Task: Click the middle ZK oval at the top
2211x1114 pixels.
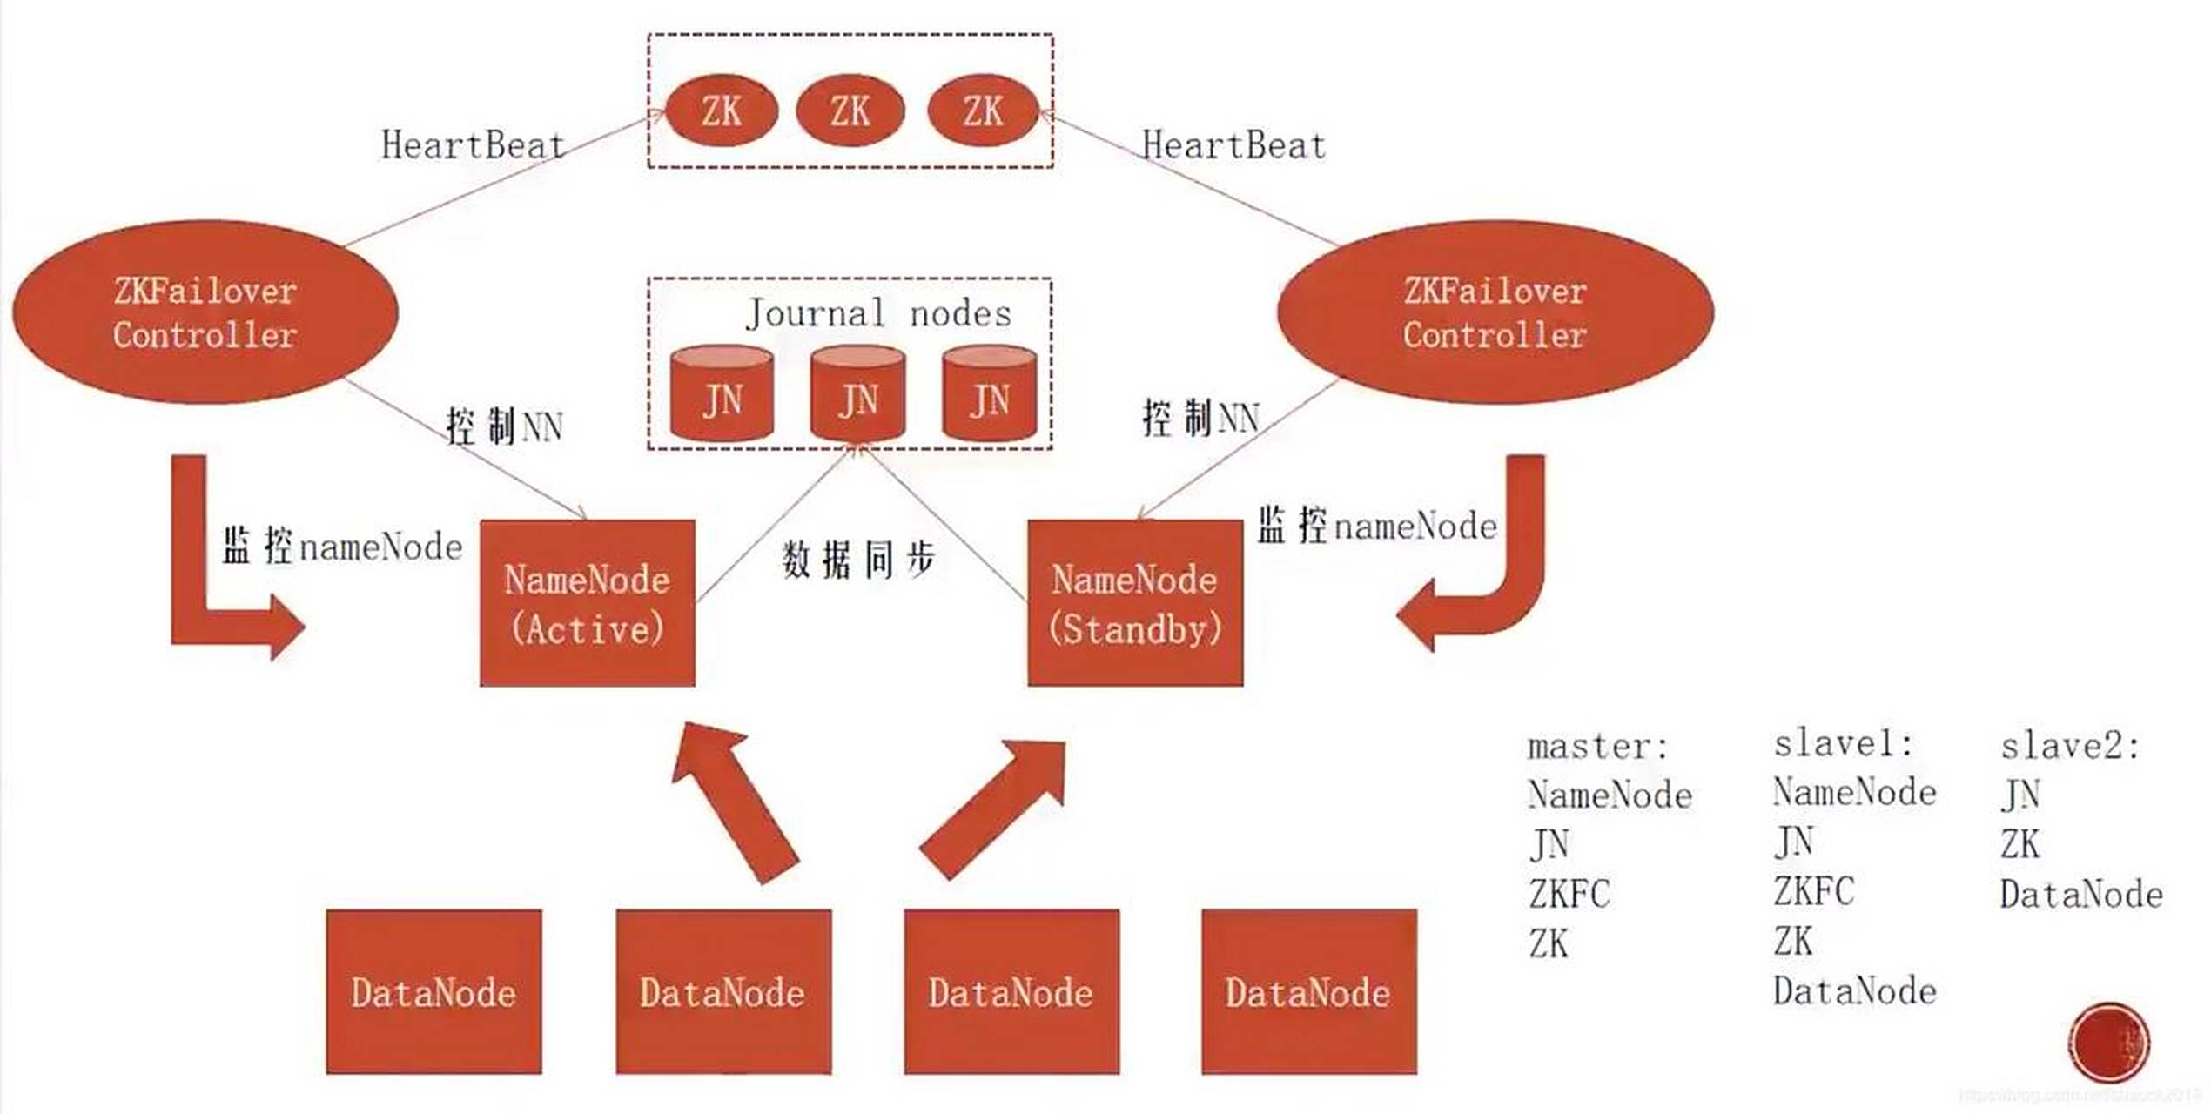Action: (x=850, y=111)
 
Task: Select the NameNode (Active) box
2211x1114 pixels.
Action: (x=588, y=603)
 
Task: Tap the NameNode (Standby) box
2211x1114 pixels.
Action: (x=1135, y=603)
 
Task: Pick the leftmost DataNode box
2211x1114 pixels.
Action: (x=433, y=991)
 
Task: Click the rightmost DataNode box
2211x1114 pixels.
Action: (x=1308, y=991)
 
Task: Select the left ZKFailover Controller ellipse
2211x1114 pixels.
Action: (x=205, y=312)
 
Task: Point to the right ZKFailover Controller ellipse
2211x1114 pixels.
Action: (x=1495, y=312)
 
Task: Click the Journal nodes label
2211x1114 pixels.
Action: (x=878, y=313)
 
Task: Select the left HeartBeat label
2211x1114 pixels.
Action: (x=474, y=145)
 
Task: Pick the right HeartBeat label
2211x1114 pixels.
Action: (x=1233, y=145)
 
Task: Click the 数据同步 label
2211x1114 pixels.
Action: (x=858, y=560)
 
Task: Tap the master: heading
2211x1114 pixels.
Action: (x=1598, y=747)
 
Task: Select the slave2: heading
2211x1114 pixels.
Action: (x=2069, y=746)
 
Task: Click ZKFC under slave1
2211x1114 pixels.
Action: (x=1814, y=891)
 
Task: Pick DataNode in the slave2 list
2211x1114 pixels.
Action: (x=2081, y=895)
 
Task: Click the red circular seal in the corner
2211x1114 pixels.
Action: (x=2109, y=1042)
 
